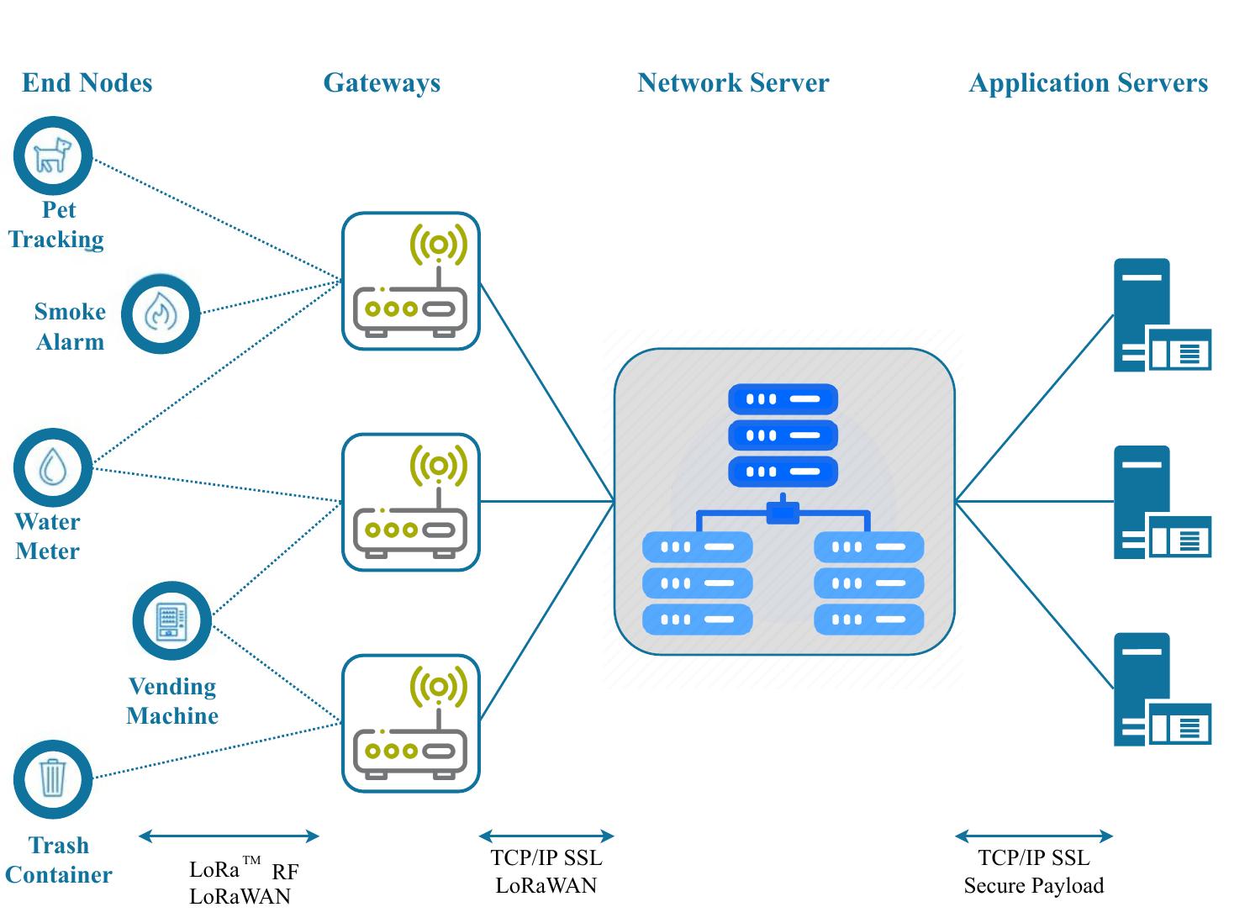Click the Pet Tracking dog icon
[x=52, y=156]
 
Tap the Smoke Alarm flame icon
[x=161, y=314]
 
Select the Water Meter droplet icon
[x=52, y=467]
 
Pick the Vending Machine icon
[x=171, y=621]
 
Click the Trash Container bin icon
[x=52, y=778]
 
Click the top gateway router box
[x=410, y=281]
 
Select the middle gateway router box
[x=410, y=502]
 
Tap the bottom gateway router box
[x=410, y=723]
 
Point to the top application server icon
[x=1161, y=315]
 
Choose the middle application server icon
[x=1161, y=502]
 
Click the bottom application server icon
[x=1161, y=689]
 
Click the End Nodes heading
[x=87, y=83]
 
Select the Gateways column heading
[x=382, y=83]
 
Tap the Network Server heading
[x=733, y=83]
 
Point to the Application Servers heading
[x=1088, y=83]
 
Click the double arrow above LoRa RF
[x=229, y=836]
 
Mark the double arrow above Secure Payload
[x=1034, y=836]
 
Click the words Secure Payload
[x=1034, y=886]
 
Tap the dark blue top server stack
[x=783, y=435]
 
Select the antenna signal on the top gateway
[x=438, y=245]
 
